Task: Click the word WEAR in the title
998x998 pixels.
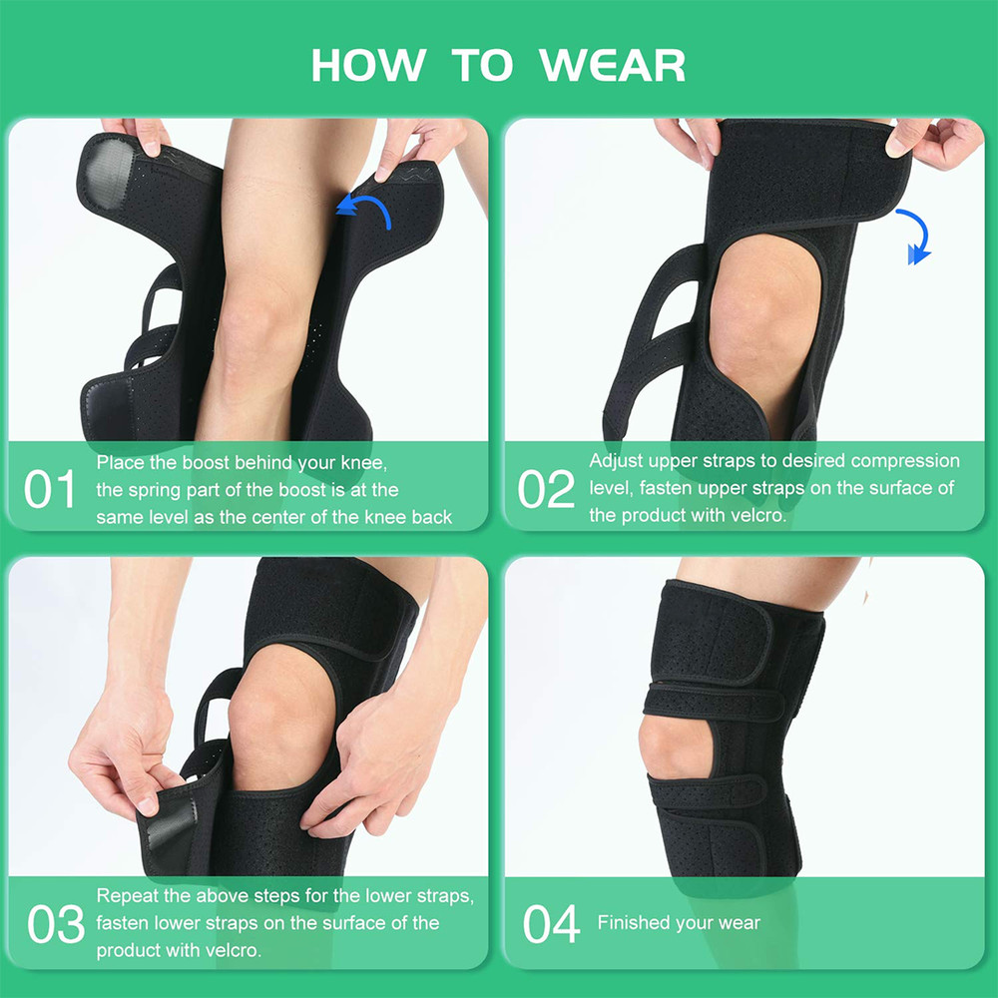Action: (x=613, y=66)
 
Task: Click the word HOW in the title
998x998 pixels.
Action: (x=367, y=66)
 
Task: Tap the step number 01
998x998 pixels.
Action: (x=50, y=490)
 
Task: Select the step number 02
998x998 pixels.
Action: (x=546, y=490)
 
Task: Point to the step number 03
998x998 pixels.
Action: (x=56, y=924)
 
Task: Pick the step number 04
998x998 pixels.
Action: (x=551, y=924)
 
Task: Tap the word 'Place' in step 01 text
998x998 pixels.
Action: (x=120, y=463)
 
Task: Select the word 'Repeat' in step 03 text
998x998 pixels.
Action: (x=126, y=896)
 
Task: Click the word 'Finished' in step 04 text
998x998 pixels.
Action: (x=634, y=923)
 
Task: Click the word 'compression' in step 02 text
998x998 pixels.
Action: (x=904, y=461)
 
